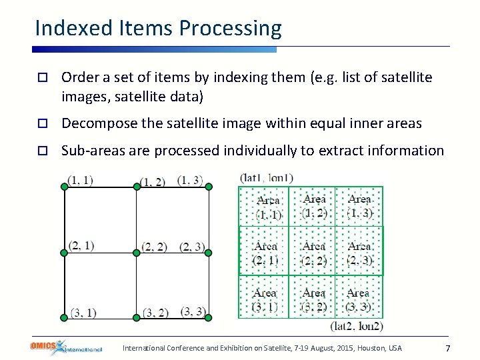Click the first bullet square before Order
(41, 78)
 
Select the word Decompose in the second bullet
(95, 123)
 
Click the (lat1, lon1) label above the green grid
(266, 178)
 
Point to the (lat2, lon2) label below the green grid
(357, 326)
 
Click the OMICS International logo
(66, 347)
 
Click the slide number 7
(448, 349)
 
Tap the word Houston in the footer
(371, 348)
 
